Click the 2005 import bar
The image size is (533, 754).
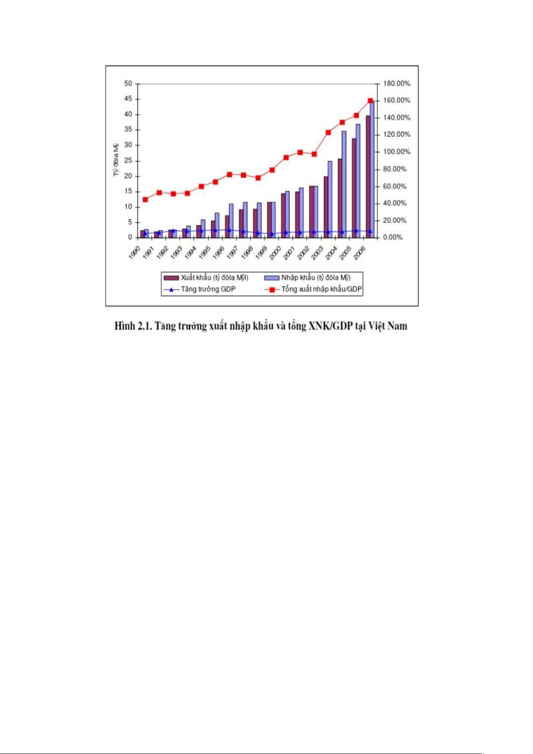[358, 181]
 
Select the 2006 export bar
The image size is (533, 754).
[368, 177]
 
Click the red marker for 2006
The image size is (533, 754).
[370, 101]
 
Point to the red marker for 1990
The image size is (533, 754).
[145, 200]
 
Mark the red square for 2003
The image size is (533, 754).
[328, 132]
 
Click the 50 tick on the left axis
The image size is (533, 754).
[128, 84]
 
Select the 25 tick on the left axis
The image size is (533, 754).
[128, 161]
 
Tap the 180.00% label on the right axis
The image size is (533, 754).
[396, 84]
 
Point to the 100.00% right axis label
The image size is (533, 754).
[396, 152]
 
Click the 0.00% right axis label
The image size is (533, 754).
[393, 238]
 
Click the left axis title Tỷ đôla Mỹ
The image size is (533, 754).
[116, 159]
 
